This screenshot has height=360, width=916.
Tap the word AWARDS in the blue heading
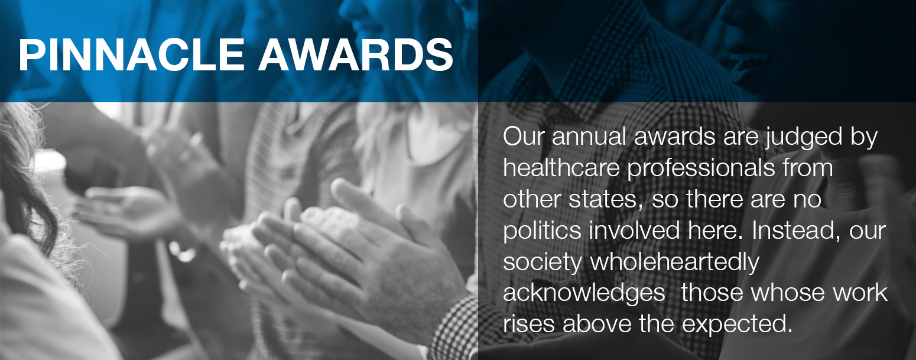(x=355, y=54)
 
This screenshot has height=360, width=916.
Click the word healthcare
(x=561, y=168)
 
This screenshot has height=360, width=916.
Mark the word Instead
(x=796, y=231)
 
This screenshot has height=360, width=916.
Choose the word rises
(x=529, y=324)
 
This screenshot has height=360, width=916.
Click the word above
(x=597, y=324)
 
